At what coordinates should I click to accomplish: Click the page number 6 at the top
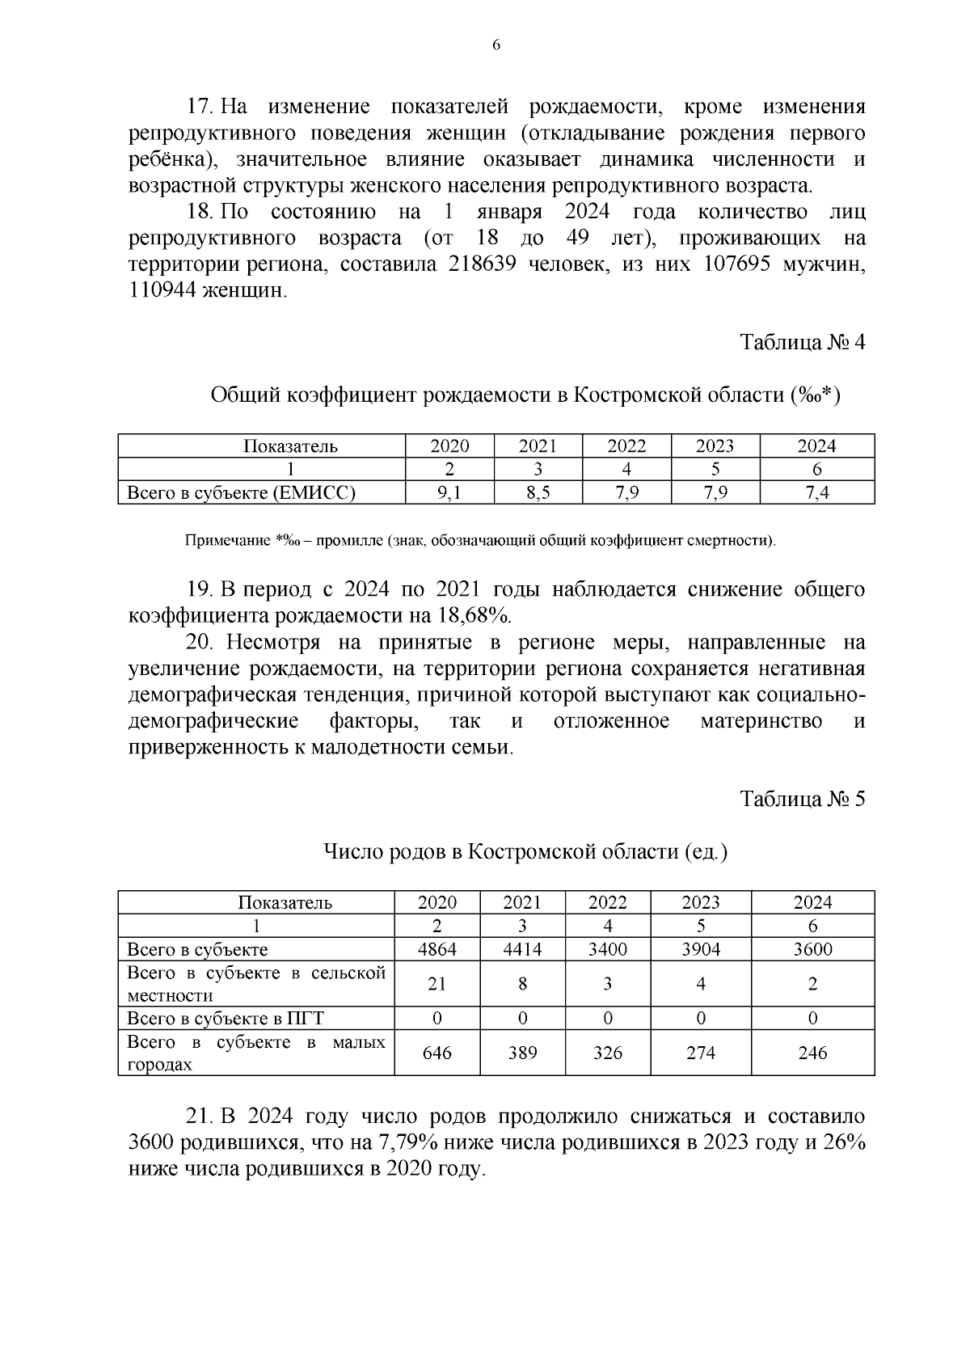click(x=496, y=46)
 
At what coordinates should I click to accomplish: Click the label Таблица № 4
click(x=803, y=342)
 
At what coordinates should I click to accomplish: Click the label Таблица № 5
click(x=803, y=799)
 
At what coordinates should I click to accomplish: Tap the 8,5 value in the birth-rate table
click(x=538, y=492)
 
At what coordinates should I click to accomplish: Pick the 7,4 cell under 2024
click(x=816, y=492)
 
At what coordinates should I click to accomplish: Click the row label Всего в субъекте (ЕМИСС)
click(x=241, y=492)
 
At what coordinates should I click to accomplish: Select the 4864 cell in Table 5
click(x=436, y=949)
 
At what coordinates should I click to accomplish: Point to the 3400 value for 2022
click(x=607, y=949)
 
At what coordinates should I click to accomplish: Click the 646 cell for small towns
click(x=436, y=1053)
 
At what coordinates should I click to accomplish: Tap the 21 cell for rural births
click(x=436, y=984)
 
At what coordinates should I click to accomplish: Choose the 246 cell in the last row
click(x=812, y=1053)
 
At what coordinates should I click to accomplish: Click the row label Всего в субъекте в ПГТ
click(x=226, y=1019)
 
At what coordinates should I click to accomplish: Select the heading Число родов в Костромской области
click(x=525, y=851)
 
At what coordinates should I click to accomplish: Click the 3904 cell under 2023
click(x=700, y=949)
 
